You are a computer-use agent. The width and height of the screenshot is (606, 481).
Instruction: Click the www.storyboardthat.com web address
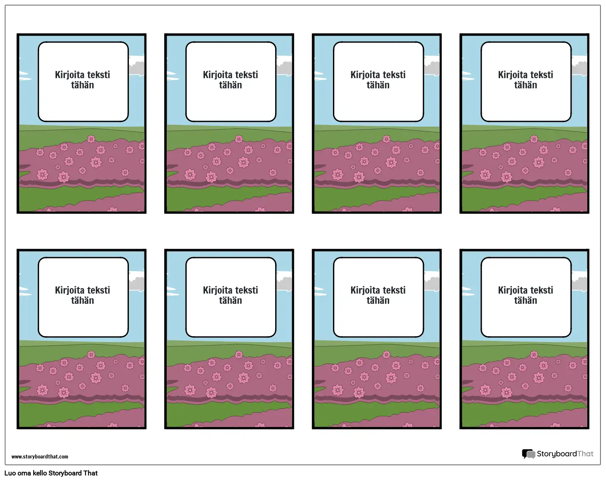click(x=40, y=456)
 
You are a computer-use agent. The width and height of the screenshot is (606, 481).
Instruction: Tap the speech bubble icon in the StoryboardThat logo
click(x=528, y=454)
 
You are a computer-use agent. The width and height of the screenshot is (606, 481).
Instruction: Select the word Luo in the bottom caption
click(x=10, y=473)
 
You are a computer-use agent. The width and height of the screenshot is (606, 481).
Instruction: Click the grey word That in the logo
click(x=585, y=453)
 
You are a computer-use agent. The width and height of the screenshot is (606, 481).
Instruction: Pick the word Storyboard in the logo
click(x=557, y=454)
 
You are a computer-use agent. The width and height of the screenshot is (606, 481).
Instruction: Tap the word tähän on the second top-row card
click(x=230, y=85)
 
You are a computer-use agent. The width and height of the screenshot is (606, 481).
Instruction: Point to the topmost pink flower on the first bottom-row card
click(x=91, y=354)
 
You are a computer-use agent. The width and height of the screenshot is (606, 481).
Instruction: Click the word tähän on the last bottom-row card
click(x=526, y=300)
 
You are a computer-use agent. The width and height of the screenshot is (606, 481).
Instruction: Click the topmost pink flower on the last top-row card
click(x=534, y=139)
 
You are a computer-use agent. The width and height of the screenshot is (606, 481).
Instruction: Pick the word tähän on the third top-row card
click(x=378, y=85)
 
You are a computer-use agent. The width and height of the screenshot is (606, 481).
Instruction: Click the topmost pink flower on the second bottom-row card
click(x=239, y=354)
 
